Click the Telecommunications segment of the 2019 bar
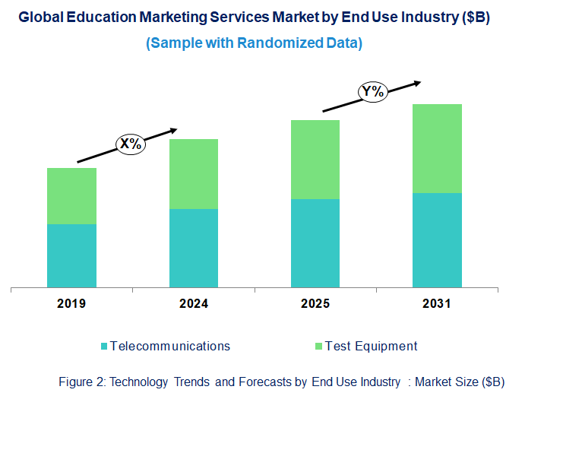click(x=71, y=255)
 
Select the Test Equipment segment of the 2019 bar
click(x=71, y=196)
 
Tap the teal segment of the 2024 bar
click(x=194, y=248)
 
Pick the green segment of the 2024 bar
click(x=194, y=174)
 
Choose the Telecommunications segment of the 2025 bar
click(x=315, y=243)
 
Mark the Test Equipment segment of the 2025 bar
click(x=315, y=160)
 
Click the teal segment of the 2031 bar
click(x=437, y=240)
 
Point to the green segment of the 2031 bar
click(x=437, y=148)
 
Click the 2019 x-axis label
click(x=71, y=304)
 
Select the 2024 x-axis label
click(x=194, y=304)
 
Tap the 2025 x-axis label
click(x=315, y=304)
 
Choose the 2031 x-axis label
click(x=437, y=304)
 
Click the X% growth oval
click(x=130, y=143)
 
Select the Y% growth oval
click(x=373, y=92)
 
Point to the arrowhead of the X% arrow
click(x=174, y=130)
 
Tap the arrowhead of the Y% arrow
click(x=416, y=82)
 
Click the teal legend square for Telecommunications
click(x=104, y=347)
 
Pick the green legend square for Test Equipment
click(x=318, y=347)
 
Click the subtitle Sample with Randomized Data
click(x=254, y=43)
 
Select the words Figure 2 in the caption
click(x=81, y=382)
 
